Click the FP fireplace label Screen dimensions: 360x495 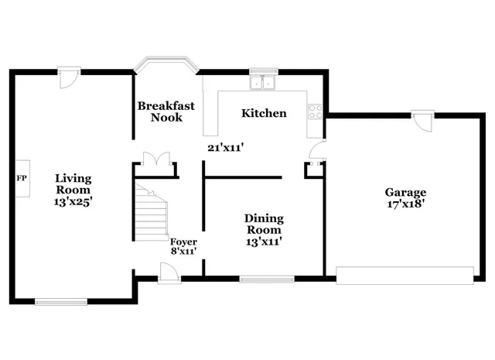coord(21,178)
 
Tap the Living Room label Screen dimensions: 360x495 coord(73,184)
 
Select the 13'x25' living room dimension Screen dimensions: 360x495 coord(73,201)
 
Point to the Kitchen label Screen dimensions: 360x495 coord(264,113)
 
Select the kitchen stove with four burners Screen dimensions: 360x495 coord(316,111)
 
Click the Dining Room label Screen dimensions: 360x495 coord(264,224)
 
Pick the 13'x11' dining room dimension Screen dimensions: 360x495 coord(264,242)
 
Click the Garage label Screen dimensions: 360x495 coord(405,192)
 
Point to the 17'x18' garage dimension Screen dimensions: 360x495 coord(405,206)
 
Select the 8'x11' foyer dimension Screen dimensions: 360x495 coord(183,251)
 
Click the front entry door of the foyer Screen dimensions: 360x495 coord(169,271)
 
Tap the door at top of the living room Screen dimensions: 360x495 coord(69,76)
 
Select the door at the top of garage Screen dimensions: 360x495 coord(422,120)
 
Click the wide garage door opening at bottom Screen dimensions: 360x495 coord(405,275)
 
